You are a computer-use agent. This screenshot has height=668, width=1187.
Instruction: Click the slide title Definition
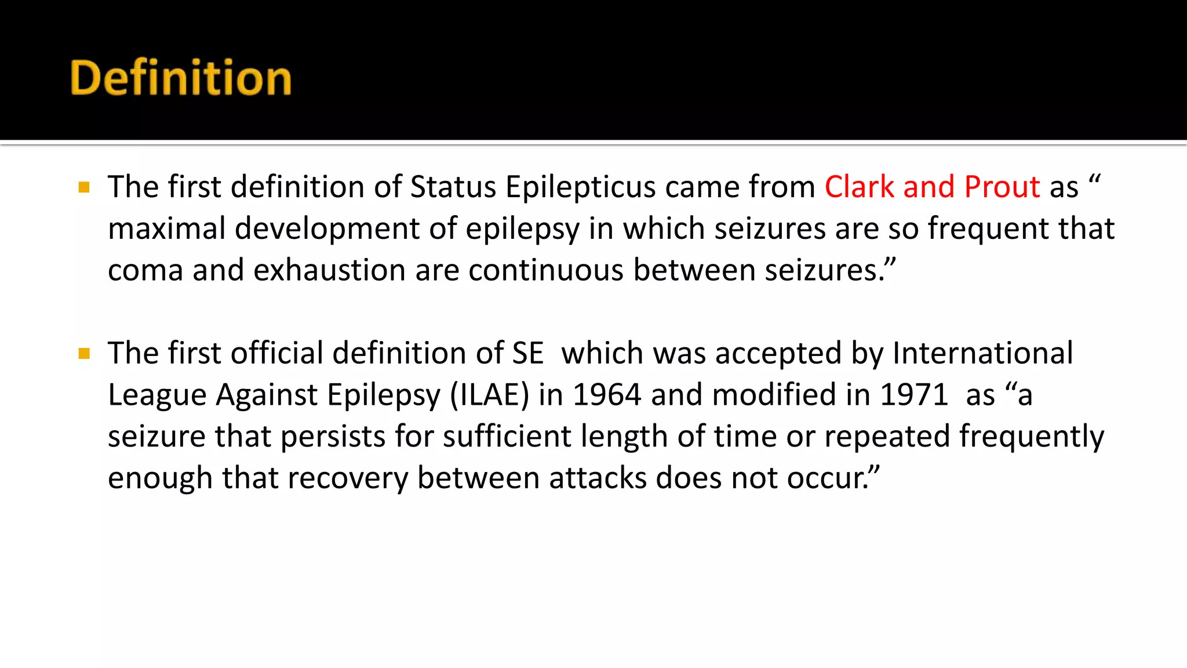(180, 78)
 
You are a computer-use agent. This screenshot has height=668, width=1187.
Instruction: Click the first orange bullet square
(84, 187)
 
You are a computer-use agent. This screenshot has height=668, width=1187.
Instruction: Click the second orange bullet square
(84, 353)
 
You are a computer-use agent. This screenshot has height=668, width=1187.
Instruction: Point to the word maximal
(166, 228)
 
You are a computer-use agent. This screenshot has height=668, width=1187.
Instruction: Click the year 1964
(607, 395)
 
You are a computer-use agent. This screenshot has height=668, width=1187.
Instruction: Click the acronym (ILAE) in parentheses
(490, 395)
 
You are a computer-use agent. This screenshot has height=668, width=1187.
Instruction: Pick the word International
(982, 353)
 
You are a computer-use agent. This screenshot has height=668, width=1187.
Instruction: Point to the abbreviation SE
(527, 353)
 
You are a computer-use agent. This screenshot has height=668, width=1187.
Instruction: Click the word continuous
(545, 271)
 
